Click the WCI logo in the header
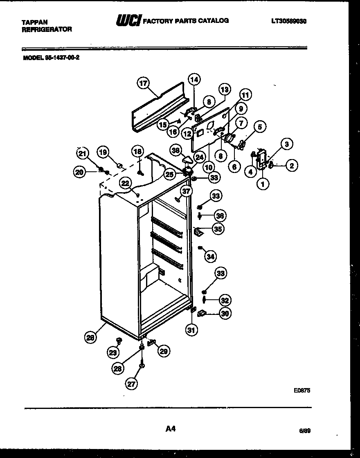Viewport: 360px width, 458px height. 128,21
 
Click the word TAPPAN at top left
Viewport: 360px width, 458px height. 34,22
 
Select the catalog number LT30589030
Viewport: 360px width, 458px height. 288,20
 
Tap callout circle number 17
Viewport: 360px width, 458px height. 142,83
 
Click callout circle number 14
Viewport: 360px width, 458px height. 194,80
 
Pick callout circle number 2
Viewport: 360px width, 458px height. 291,166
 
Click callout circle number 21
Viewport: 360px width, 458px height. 82,153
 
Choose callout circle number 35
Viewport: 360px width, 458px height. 218,229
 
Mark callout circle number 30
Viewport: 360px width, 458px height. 225,313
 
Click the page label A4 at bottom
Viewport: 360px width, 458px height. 171,429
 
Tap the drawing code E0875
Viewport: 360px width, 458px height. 302,391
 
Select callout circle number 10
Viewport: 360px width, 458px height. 209,167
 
